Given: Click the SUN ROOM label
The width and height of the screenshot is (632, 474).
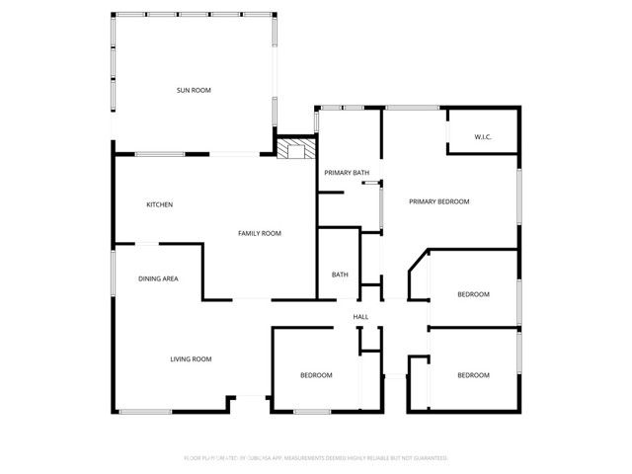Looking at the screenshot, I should coord(194,90).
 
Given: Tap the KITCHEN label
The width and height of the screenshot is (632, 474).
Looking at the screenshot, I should coord(160,204).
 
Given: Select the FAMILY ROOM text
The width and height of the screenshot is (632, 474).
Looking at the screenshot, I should coord(260,233).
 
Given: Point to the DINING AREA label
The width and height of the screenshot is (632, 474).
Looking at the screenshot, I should coord(158,279).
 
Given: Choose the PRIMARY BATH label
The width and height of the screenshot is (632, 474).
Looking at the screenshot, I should coord(347,173).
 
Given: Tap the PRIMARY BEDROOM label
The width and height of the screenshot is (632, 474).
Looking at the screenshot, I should coord(439,201).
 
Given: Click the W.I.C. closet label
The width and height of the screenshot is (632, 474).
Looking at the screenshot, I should coord(483,136).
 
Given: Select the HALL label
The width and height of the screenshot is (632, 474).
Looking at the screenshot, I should coord(361,316).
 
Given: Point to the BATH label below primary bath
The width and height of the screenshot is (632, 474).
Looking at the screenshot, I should coord(340,275).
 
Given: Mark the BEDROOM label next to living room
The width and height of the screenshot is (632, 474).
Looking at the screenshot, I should coord(316,375).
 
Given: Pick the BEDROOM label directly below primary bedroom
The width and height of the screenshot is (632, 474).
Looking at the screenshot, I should coord(473,295).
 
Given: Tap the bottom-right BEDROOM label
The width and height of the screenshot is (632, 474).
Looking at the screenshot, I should coord(473,375).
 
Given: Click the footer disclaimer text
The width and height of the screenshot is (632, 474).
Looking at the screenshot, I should coord(316,458).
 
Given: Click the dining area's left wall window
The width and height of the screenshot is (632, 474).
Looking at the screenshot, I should coord(113,273).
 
